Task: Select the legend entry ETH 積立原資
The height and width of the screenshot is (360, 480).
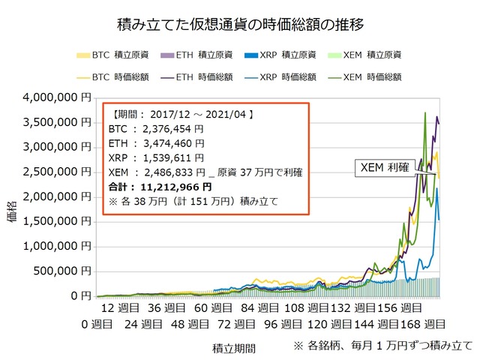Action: (199, 55)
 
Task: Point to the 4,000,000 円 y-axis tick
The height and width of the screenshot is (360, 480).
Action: (57, 97)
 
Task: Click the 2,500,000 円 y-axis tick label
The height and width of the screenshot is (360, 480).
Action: (57, 172)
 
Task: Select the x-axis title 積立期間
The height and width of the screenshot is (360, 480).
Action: (233, 349)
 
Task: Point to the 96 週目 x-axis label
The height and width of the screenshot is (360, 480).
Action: (280, 324)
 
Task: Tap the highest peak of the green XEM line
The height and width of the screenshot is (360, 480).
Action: (425, 112)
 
